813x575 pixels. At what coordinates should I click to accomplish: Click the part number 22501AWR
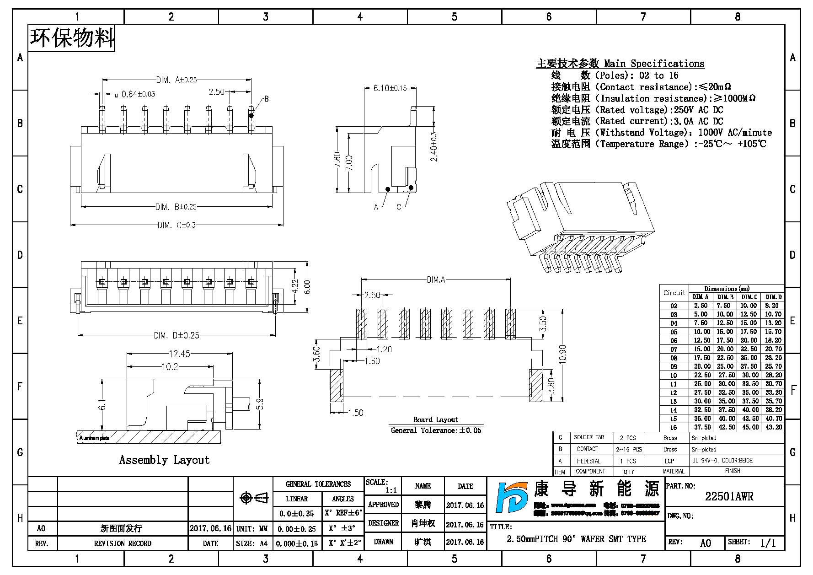tap(729, 496)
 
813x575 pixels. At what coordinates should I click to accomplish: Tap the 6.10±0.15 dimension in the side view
tap(390, 88)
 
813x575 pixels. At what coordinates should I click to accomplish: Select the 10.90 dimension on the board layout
tap(562, 354)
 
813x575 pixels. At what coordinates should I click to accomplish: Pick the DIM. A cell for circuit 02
tap(701, 306)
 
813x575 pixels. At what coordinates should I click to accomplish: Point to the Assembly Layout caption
tap(164, 460)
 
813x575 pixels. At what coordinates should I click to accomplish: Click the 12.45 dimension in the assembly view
tap(179, 354)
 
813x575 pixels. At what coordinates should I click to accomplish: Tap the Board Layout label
tap(436, 419)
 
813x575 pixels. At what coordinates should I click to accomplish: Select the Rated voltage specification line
tap(637, 110)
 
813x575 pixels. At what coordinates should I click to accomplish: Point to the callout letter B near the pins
tap(266, 99)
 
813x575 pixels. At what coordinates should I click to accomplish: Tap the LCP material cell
tap(669, 461)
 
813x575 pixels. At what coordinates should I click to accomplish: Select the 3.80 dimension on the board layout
tap(551, 385)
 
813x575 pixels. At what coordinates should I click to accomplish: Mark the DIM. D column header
tap(774, 297)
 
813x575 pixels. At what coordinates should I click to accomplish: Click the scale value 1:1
tap(391, 490)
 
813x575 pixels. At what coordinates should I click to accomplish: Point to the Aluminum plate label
tap(95, 438)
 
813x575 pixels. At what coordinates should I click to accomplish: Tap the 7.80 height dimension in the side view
tap(337, 160)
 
